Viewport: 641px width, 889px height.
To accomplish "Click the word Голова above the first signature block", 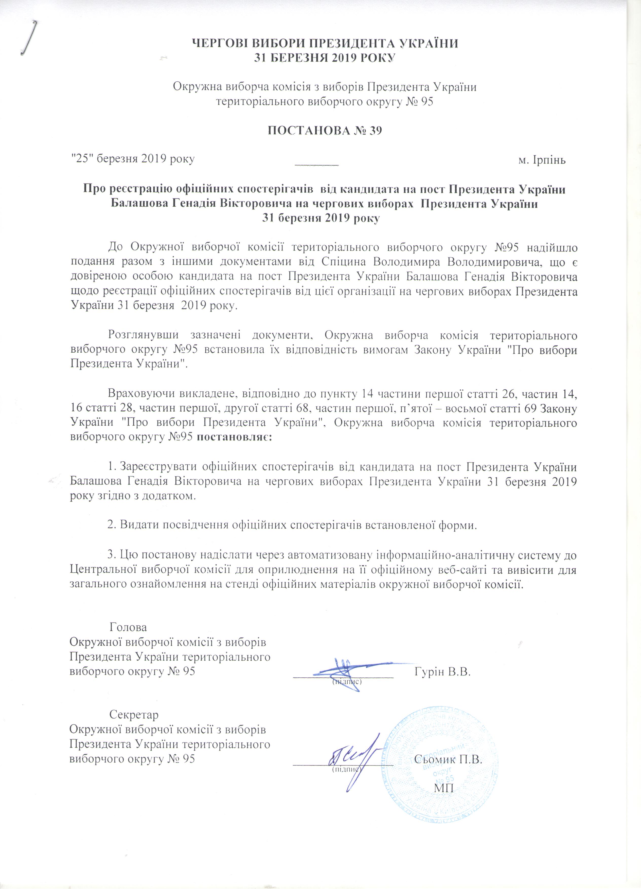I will click(128, 627).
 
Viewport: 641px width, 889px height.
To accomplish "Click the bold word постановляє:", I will click(233, 438).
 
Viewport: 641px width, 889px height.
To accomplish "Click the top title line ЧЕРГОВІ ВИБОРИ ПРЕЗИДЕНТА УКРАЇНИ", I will click(324, 43).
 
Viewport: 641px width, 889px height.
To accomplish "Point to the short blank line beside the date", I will click(316, 164).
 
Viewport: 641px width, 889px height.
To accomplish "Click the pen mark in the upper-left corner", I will click(29, 37).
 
